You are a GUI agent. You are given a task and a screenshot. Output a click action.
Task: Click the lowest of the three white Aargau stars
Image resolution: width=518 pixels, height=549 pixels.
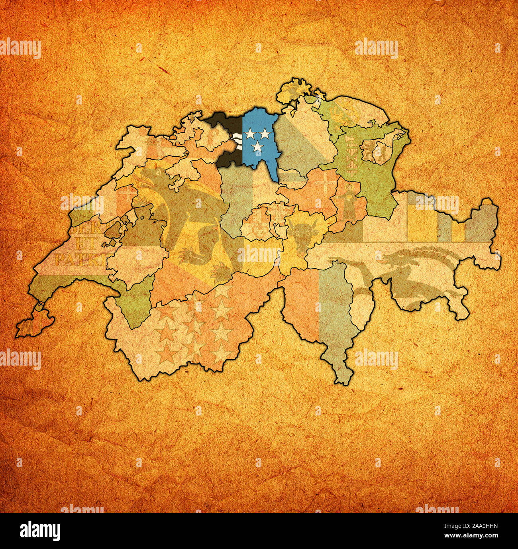(x=258, y=147)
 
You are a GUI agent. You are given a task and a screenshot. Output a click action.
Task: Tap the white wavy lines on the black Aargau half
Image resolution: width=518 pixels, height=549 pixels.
(x=237, y=141)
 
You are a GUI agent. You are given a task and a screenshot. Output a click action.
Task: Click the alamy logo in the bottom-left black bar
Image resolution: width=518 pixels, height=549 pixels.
(x=40, y=531)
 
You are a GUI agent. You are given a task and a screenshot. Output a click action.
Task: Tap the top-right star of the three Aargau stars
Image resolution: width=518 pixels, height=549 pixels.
(x=265, y=133)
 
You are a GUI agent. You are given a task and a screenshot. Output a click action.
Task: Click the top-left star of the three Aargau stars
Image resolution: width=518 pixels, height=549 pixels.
(x=250, y=133)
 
